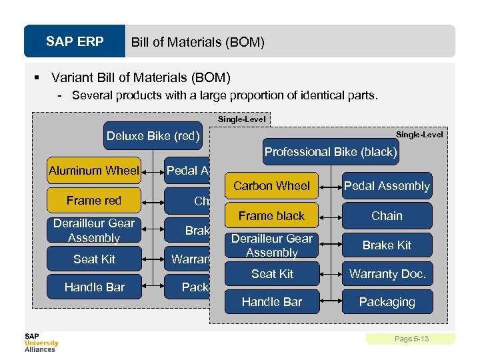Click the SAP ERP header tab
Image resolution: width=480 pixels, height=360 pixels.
(x=75, y=42)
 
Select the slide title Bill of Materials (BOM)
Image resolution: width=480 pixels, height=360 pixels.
(x=197, y=43)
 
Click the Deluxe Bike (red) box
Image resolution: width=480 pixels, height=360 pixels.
(x=153, y=137)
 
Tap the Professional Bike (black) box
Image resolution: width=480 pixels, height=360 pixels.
(x=331, y=152)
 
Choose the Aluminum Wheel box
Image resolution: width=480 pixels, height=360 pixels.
(x=94, y=171)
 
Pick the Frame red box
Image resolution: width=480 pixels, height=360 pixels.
(x=94, y=201)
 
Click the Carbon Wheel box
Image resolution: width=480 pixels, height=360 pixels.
(x=272, y=186)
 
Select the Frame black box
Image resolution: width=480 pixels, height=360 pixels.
(x=272, y=216)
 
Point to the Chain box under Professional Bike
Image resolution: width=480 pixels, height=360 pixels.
(x=387, y=216)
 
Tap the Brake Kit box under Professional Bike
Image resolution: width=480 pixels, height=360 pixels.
(x=387, y=245)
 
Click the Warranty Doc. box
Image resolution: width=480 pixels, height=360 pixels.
(x=387, y=274)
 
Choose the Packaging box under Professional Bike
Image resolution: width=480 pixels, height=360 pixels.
(x=387, y=302)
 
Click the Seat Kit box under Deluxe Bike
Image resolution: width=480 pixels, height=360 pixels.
(x=94, y=259)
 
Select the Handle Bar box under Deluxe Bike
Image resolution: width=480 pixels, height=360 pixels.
(x=94, y=287)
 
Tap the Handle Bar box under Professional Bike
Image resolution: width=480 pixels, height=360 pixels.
(x=272, y=302)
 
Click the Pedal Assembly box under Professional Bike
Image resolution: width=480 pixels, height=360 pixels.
(x=387, y=186)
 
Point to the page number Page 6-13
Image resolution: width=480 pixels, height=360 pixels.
(x=411, y=339)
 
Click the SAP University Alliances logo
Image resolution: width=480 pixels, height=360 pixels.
(x=41, y=342)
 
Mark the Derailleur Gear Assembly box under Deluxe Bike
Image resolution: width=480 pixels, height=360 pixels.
(x=94, y=230)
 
